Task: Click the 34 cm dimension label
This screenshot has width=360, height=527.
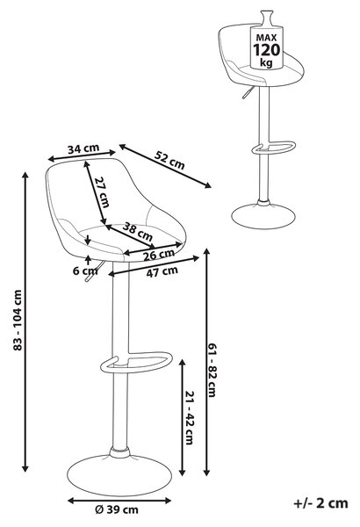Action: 83,148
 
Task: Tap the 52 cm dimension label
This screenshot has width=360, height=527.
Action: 169,160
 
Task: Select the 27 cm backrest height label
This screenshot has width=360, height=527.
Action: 102,191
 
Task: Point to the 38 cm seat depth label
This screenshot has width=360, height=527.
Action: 138,231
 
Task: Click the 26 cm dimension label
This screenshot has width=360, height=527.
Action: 159,255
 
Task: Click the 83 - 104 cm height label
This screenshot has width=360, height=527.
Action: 18,321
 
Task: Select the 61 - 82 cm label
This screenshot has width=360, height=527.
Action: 212,371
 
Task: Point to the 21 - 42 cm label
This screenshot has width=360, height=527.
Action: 190,418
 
